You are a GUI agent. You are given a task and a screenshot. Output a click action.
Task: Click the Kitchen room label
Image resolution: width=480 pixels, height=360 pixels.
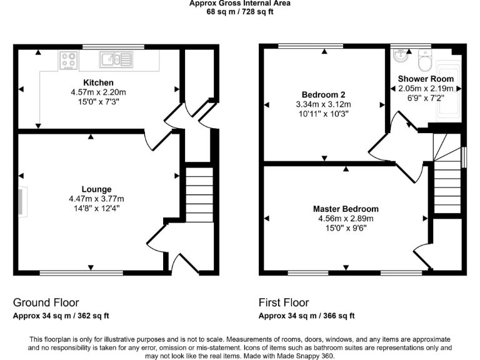point(99,82)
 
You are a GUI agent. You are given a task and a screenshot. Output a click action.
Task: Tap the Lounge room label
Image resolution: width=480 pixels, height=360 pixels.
point(97,189)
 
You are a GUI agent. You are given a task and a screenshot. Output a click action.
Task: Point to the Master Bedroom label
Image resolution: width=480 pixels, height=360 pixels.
point(346,209)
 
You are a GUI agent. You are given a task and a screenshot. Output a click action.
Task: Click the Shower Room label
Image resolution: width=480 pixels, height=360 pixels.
point(426,79)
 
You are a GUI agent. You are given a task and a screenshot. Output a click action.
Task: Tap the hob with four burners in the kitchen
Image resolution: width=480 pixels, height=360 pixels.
point(68,60)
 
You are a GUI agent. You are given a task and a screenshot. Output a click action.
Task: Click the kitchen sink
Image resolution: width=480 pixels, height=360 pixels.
point(115,59)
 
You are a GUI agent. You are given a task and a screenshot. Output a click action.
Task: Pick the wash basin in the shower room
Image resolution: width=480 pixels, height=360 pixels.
point(401,56)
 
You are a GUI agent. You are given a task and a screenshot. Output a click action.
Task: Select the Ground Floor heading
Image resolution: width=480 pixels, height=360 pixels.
point(46,302)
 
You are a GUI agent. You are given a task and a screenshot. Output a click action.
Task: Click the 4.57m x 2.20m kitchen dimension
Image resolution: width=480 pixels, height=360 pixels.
point(99,92)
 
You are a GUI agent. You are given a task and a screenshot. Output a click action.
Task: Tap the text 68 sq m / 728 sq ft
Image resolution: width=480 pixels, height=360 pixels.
point(240,11)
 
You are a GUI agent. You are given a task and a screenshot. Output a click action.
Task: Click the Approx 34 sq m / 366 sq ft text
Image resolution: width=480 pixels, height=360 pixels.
point(307,316)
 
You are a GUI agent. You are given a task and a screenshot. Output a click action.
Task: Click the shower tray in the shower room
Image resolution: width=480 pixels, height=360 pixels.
point(447,91)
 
